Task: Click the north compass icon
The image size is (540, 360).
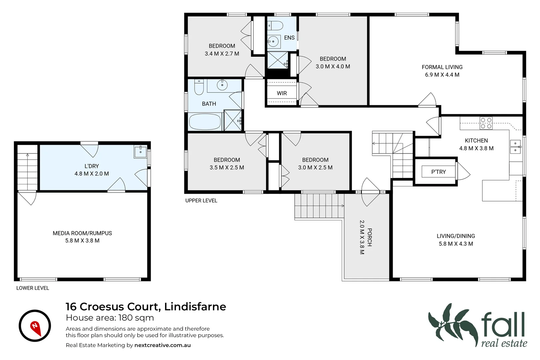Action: (x=35, y=326)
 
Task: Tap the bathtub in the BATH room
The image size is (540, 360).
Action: (x=205, y=122)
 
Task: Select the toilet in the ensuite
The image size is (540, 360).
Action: (x=275, y=25)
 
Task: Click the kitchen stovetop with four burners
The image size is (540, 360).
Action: (x=486, y=123)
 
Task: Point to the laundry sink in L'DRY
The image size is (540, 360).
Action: (x=140, y=152)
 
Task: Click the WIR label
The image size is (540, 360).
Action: (x=282, y=93)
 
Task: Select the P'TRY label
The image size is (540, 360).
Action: (x=438, y=172)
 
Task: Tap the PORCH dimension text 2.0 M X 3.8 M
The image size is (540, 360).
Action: (x=362, y=237)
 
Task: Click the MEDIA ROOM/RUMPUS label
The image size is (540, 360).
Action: (x=82, y=233)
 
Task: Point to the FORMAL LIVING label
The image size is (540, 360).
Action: (x=442, y=67)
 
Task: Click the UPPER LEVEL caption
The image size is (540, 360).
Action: (x=201, y=200)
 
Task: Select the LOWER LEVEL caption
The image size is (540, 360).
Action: (x=33, y=288)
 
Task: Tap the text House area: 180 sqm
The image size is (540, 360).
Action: (x=110, y=318)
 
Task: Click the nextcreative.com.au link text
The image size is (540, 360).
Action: (x=162, y=345)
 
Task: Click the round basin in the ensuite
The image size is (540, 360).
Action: (x=273, y=42)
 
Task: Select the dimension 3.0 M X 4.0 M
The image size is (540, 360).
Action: (x=333, y=66)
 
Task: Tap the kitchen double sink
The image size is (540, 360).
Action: (x=515, y=147)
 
